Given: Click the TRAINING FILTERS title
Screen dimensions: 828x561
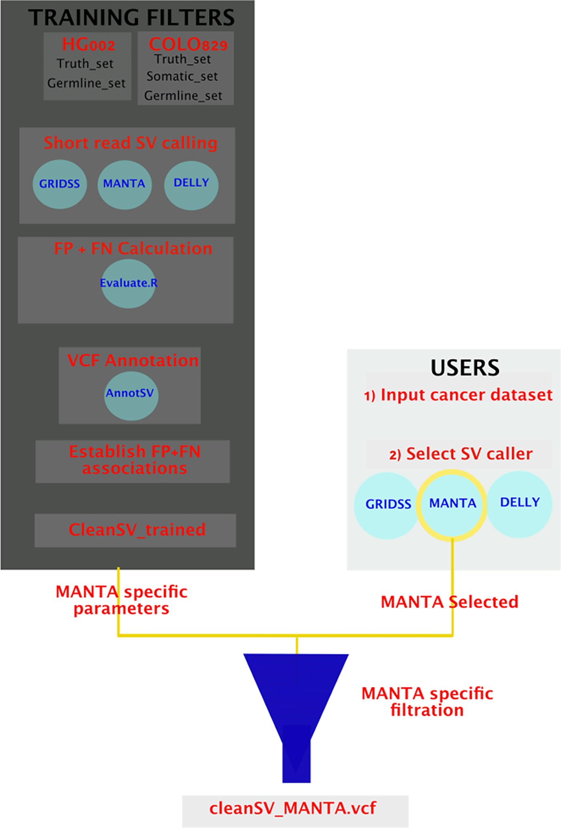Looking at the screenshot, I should (x=131, y=18).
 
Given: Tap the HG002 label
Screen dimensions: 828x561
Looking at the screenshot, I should (x=88, y=44).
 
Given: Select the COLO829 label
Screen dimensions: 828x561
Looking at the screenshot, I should (x=188, y=44).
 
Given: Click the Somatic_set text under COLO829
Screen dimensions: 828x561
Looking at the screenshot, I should (x=182, y=76).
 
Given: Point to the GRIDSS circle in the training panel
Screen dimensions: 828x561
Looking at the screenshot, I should (x=60, y=184).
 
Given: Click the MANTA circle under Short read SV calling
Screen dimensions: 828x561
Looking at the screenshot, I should (x=125, y=185).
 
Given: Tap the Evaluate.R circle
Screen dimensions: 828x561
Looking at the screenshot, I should (x=129, y=284).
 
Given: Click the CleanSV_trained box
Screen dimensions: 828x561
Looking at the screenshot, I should (x=136, y=530).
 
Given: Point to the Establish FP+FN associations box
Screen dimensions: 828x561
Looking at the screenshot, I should (x=133, y=461).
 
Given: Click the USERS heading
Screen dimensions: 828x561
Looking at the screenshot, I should (x=465, y=368).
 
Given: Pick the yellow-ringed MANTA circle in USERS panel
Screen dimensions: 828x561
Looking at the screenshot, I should (x=452, y=504).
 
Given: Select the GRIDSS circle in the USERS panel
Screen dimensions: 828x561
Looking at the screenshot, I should (x=387, y=505).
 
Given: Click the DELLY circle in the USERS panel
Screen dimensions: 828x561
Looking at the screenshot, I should (x=520, y=504).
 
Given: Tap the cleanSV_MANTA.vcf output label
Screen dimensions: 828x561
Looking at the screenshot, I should (x=294, y=808).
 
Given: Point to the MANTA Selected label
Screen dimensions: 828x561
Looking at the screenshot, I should (x=449, y=602).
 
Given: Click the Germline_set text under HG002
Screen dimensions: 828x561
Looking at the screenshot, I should (x=86, y=83).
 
